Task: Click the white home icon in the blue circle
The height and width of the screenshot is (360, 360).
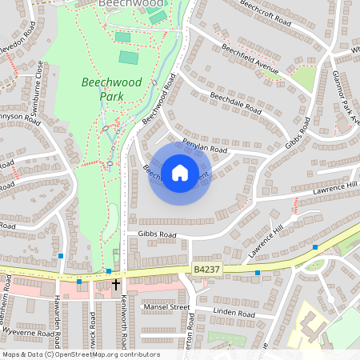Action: tap(180, 172)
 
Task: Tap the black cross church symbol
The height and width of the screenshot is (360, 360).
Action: tap(116, 285)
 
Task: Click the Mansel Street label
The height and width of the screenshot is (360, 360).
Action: tap(166, 306)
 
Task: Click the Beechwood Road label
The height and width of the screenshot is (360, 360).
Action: tap(158, 99)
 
